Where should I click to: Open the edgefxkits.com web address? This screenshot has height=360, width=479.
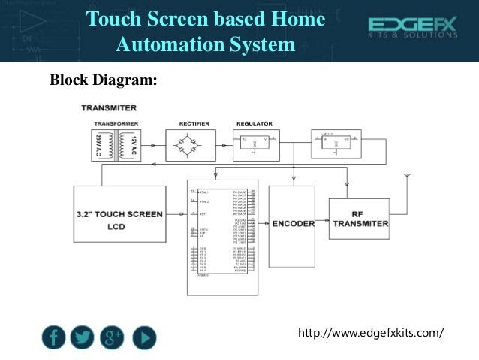pyautogui.click(x=371, y=332)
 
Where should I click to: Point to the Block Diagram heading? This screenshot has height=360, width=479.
pyautogui.click(x=103, y=79)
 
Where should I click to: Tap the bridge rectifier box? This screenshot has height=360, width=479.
pyautogui.click(x=191, y=145)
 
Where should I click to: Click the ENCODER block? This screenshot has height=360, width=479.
pyautogui.click(x=293, y=225)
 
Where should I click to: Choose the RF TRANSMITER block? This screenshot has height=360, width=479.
pyautogui.click(x=359, y=219)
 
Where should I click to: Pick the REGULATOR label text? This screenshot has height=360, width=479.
pyautogui.click(x=254, y=123)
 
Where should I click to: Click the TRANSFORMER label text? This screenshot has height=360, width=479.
pyautogui.click(x=116, y=123)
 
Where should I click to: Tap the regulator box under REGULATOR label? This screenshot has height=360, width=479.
pyautogui.click(x=255, y=144)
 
